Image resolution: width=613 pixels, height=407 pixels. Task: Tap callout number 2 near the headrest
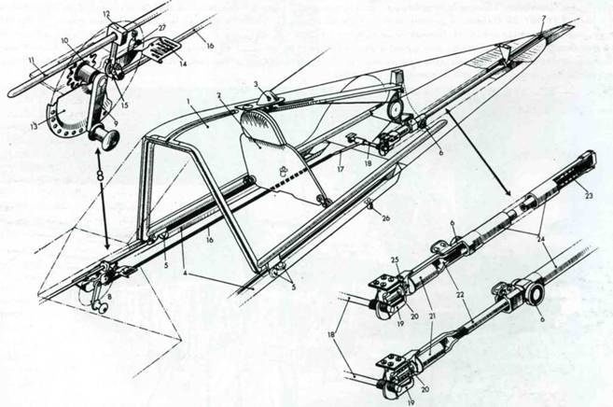[220, 96]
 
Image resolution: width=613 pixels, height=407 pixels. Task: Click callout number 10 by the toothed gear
[64, 41]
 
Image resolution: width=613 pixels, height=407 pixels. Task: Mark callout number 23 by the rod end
[588, 195]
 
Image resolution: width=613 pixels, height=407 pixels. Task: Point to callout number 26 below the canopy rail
[371, 223]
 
